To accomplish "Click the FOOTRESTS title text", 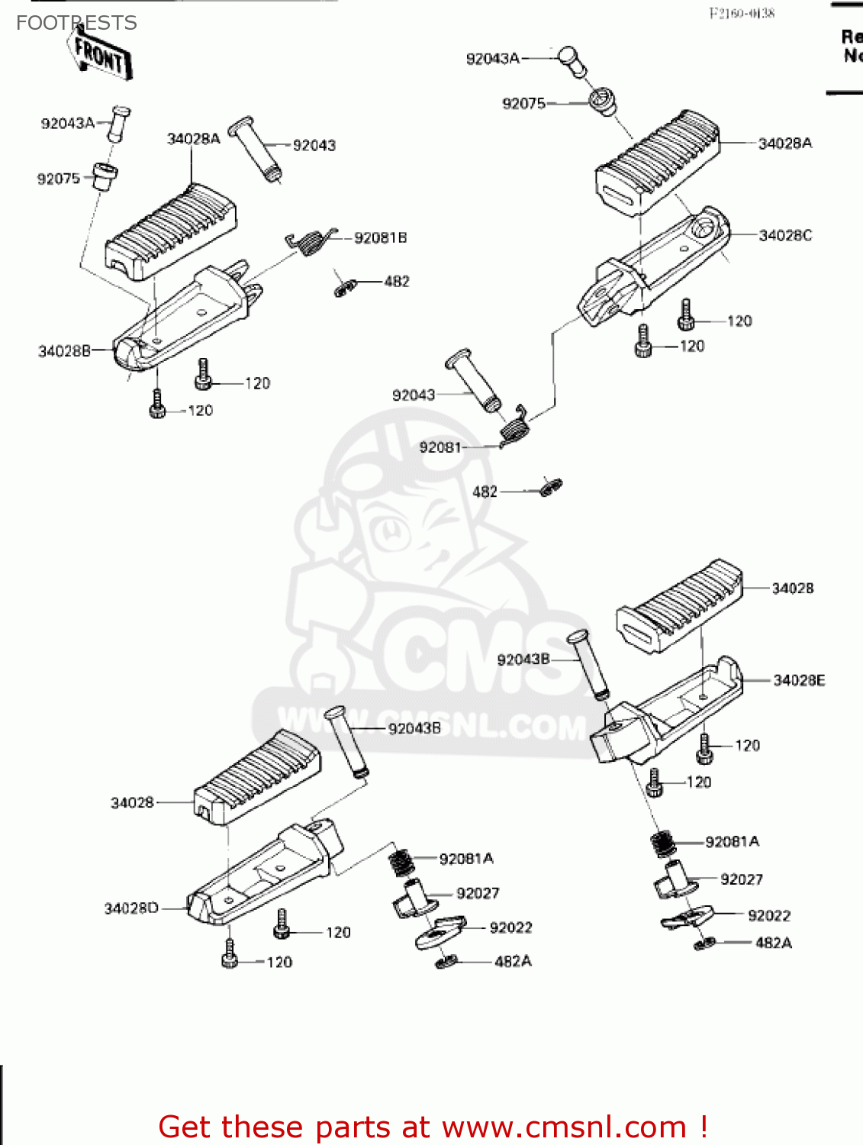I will coord(76,23).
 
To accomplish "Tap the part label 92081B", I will coord(380,238).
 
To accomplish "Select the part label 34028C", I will coord(785,236).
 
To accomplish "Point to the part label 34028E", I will coord(799,680).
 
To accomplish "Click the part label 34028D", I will coord(131,908).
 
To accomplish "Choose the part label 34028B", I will coord(64,351).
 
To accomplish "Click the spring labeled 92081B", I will coord(310,242).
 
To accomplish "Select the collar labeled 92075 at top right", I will coord(603,102).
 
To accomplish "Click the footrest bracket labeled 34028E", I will coord(668,714).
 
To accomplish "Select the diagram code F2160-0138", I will coord(742,13).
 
